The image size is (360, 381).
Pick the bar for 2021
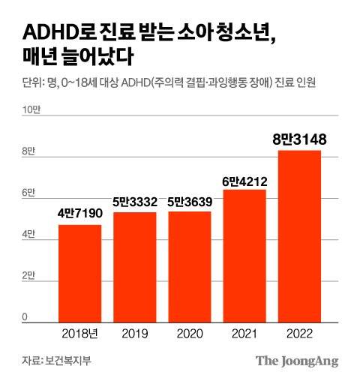(x=244, y=256)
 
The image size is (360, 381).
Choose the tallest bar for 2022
(x=300, y=236)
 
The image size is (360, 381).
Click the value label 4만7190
(x=79, y=214)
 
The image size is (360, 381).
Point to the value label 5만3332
(x=134, y=202)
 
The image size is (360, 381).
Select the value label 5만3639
(x=189, y=201)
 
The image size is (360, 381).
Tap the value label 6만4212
(x=244, y=179)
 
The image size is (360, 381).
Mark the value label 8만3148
(x=300, y=139)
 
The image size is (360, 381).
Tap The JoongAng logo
(x=297, y=361)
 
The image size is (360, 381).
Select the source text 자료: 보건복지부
(x=51, y=361)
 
